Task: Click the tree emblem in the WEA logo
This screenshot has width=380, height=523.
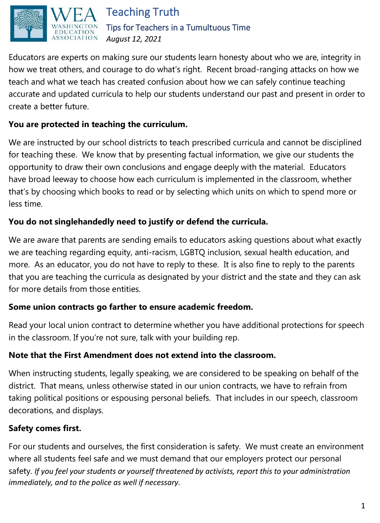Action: click(x=28, y=24)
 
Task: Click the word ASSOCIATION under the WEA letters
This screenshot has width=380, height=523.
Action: click(x=75, y=38)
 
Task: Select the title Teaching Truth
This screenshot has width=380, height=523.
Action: click(x=143, y=12)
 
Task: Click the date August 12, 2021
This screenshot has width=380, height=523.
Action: click(x=134, y=39)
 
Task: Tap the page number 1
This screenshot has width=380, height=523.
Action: click(x=363, y=506)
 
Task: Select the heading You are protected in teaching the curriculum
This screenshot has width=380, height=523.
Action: click(x=98, y=125)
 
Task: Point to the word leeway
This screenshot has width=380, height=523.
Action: click(x=63, y=179)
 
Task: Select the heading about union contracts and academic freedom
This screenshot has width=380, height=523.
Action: click(x=131, y=307)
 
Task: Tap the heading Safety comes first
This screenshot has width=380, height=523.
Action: click(x=45, y=428)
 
